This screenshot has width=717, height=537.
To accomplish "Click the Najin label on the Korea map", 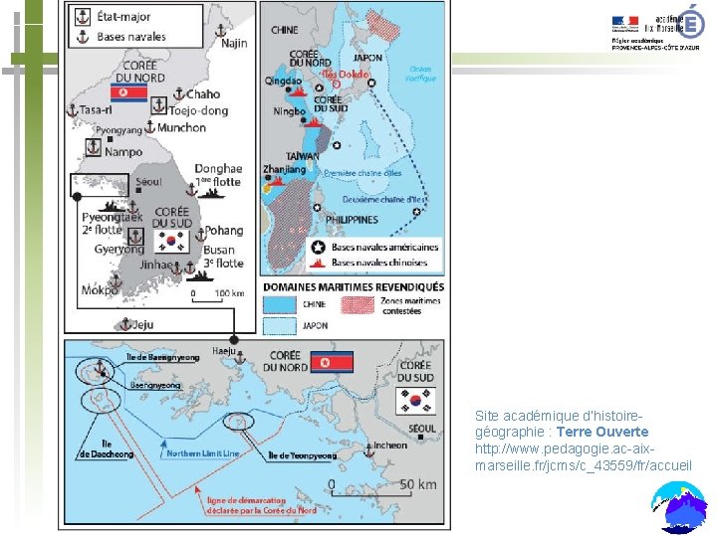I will click(x=234, y=43).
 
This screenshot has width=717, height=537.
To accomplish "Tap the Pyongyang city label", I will click(x=119, y=130).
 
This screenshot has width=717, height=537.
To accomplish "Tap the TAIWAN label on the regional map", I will click(x=301, y=156).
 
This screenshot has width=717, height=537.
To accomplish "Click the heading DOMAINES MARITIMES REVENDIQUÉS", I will click(x=354, y=286).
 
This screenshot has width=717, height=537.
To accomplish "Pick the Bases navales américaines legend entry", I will click(x=384, y=247).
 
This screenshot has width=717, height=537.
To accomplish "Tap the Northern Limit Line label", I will click(x=203, y=452).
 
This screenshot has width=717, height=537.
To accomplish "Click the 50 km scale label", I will click(x=417, y=485).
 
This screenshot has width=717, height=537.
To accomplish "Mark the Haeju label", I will click(x=224, y=351).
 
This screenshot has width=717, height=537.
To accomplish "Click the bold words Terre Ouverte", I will click(x=602, y=432).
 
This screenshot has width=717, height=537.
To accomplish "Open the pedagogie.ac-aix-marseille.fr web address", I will click(x=584, y=456).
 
